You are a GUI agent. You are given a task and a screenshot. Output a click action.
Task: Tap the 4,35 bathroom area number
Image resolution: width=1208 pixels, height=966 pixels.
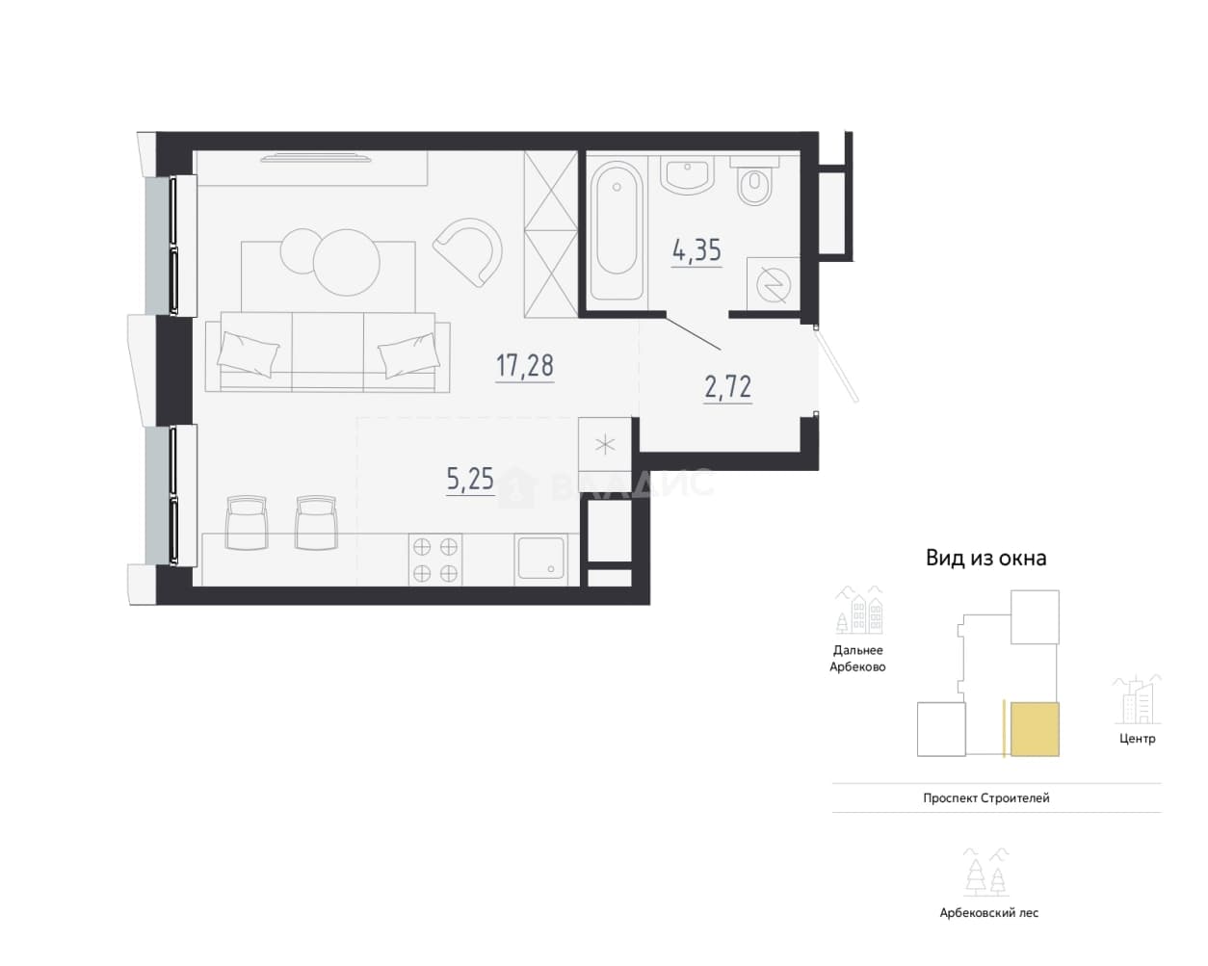696,250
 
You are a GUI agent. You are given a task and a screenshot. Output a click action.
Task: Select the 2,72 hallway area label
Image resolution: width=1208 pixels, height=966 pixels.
728,387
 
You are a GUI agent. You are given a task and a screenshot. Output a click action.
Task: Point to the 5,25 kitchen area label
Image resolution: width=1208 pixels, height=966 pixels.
470,480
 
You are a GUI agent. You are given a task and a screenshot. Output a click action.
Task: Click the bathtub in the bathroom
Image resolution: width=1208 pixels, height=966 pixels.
617,230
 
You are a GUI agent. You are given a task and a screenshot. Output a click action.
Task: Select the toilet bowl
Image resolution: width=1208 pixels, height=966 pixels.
754,181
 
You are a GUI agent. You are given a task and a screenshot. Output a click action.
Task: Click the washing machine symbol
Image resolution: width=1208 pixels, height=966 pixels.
773,284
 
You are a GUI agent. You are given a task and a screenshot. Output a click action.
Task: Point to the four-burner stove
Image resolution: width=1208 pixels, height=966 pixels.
435,560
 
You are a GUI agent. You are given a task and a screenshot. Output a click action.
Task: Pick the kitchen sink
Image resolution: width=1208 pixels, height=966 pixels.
541,558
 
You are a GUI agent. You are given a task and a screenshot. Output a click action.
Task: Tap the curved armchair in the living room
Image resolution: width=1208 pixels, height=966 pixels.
469,252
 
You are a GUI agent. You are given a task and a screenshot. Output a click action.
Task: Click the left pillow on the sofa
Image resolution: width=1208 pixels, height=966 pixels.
249,353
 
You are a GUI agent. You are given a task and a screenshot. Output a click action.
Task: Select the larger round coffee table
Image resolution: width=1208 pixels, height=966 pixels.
347,262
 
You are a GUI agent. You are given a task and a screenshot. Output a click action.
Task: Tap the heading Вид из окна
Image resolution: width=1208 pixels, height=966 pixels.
985,558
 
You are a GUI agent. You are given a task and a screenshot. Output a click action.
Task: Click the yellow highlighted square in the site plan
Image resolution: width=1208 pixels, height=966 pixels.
1035,728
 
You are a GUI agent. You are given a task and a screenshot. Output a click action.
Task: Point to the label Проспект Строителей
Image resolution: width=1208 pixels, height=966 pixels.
986,797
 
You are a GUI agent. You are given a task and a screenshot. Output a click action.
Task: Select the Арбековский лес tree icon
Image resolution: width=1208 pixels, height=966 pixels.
986,872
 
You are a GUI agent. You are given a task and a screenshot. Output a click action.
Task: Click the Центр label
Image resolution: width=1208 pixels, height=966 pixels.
1138,739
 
